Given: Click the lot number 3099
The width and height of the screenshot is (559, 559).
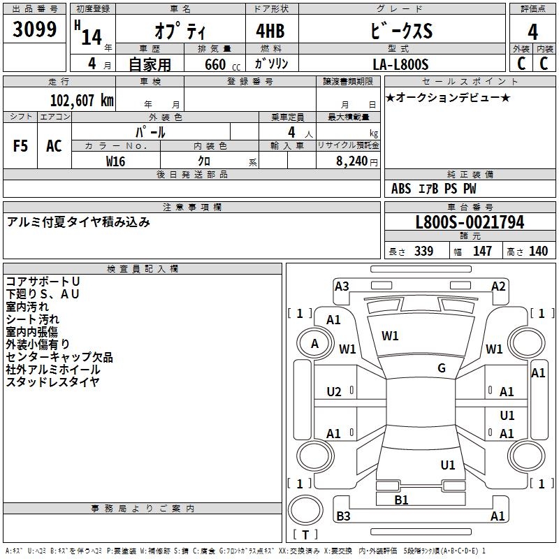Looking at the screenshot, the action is click(34, 29).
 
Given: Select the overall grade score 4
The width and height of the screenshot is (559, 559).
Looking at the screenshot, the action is click(533, 31).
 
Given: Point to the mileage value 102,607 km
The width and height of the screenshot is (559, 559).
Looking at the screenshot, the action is click(82, 100).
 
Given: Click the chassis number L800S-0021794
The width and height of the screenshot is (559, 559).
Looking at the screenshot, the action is click(470, 222).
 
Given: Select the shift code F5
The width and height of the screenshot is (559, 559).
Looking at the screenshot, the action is click(20, 146).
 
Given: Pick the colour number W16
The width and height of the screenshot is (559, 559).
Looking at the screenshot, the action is click(116, 161).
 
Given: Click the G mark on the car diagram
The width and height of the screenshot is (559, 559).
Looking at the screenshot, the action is click(442, 368).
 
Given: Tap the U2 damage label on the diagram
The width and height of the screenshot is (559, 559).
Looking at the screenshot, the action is click(334, 391).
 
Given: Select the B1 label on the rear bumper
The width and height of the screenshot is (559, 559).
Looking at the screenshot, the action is click(401, 500).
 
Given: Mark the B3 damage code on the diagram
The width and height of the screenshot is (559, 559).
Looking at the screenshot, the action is click(343, 516).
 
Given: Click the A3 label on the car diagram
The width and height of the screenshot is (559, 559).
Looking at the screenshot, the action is click(342, 285).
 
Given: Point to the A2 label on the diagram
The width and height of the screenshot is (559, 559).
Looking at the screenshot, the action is click(498, 285).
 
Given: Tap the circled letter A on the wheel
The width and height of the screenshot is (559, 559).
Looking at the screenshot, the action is click(314, 343).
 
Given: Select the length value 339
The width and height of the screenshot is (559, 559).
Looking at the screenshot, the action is click(423, 252).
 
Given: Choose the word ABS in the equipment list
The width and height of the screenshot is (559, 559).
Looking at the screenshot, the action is click(401, 189).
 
